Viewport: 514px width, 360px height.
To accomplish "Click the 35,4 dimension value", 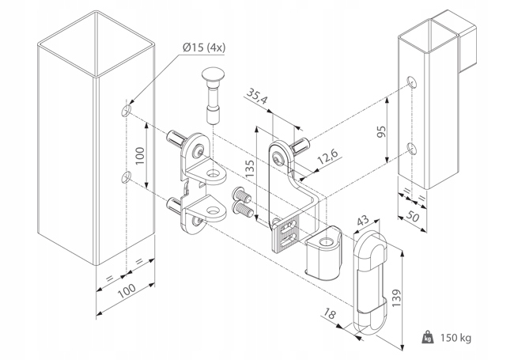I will (255, 99).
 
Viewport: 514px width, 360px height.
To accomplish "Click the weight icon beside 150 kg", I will (428, 338).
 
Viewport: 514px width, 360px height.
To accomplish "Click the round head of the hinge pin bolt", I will (214, 79).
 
